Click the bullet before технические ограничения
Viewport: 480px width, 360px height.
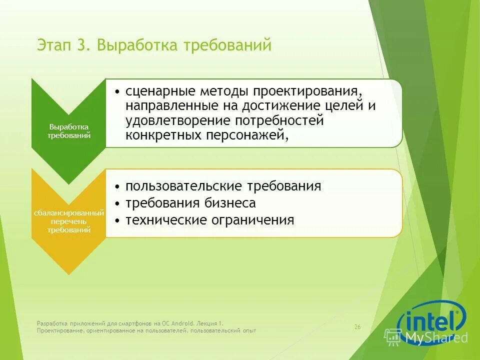116,220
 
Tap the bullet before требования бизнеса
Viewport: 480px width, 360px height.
116,203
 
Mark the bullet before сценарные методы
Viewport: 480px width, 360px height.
116,93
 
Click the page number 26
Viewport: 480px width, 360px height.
357,327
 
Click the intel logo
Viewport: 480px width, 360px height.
431,318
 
